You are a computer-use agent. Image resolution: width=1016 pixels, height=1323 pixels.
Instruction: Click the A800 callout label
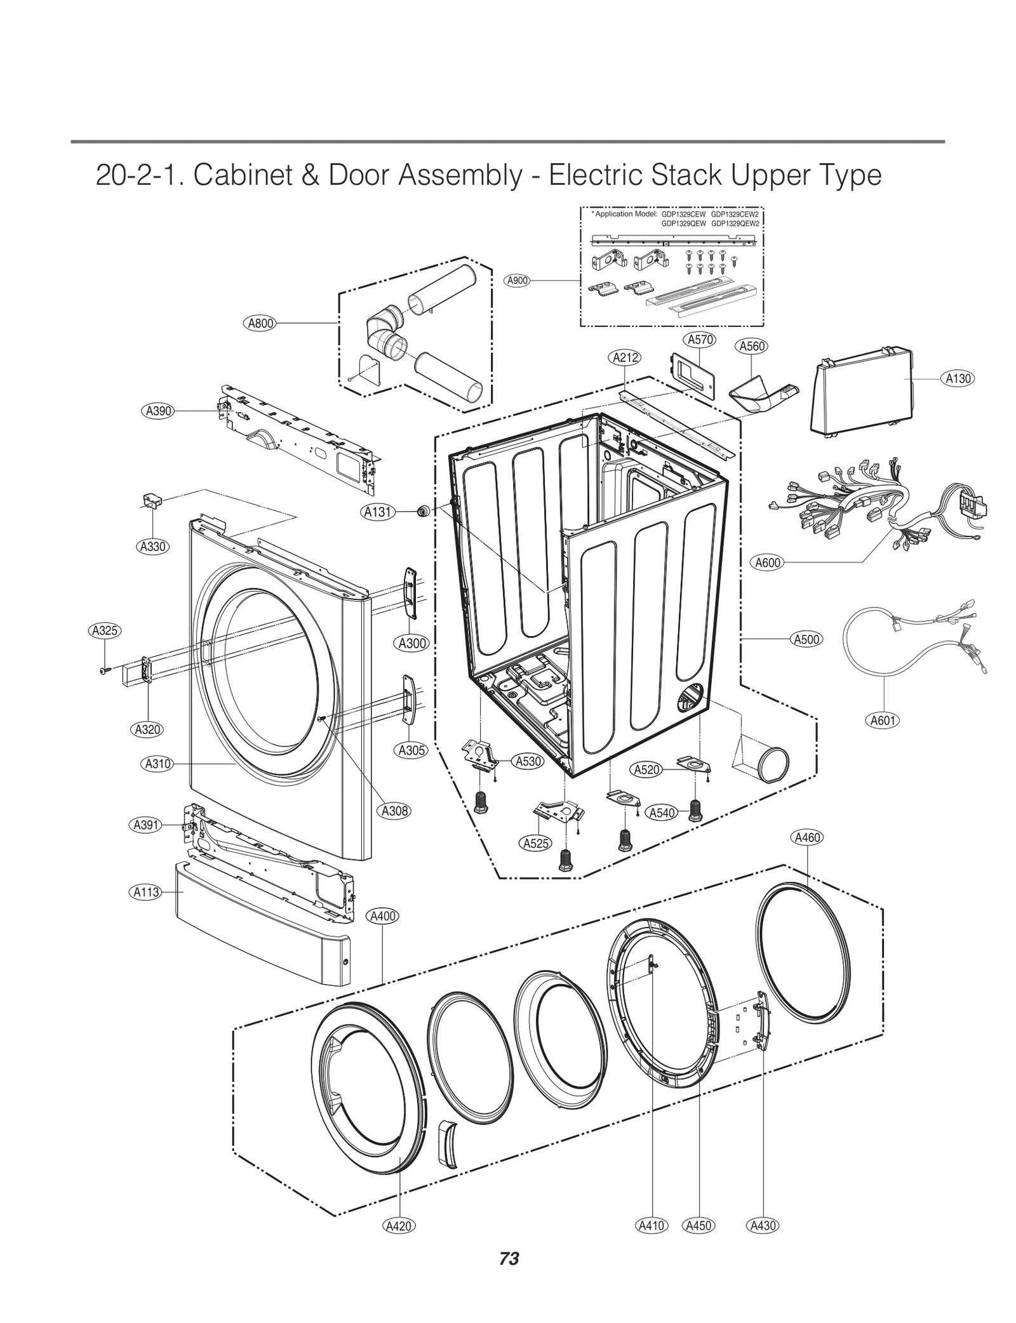point(260,323)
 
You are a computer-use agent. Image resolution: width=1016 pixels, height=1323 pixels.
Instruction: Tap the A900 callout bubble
point(518,280)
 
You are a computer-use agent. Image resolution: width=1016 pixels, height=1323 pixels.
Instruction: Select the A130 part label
point(958,378)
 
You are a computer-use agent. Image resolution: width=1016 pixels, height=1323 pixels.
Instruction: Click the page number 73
point(509,1276)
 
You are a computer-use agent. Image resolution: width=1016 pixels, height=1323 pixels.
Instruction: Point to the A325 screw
point(104,670)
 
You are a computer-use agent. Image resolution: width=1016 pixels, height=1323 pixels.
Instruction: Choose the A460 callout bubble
point(808,837)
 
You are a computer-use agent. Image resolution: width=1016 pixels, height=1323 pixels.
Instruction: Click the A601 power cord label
point(883,720)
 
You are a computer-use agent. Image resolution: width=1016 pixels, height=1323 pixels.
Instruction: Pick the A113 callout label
point(146,892)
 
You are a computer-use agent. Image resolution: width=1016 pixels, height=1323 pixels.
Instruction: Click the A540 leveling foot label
point(662,813)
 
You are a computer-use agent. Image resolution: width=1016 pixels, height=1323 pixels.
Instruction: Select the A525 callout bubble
point(536,843)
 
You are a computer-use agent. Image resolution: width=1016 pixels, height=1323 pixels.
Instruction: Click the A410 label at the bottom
point(652,1243)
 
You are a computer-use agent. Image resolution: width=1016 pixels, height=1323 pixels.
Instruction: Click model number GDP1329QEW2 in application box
point(735,223)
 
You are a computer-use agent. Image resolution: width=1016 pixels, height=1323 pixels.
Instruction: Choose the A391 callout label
point(146,825)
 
